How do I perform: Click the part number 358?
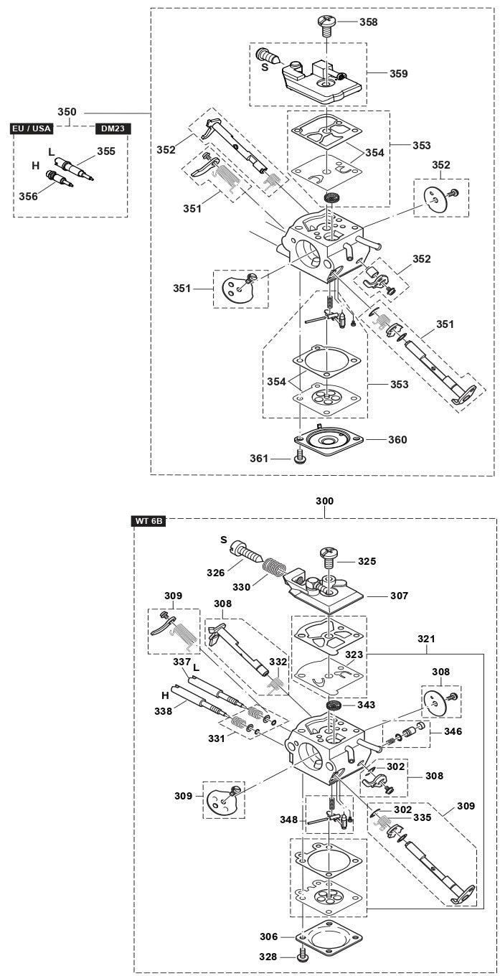(369, 22)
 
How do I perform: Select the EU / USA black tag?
(32, 128)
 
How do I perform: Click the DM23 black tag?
(113, 128)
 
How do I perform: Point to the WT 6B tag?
(150, 521)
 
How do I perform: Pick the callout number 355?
(106, 151)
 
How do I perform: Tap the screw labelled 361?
(300, 458)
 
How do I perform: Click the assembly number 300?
(325, 500)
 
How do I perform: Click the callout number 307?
(399, 596)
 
